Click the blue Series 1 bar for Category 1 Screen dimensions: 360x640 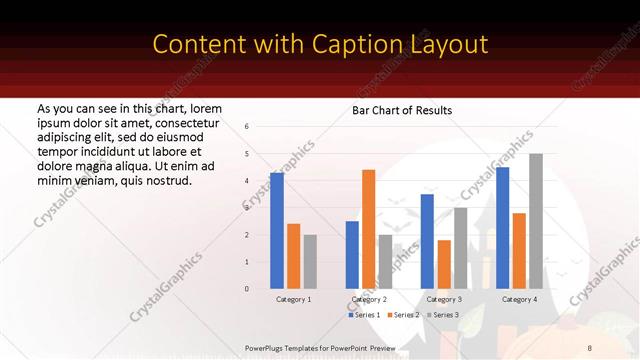(x=277, y=231)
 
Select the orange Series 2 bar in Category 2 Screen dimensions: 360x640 (x=368, y=229)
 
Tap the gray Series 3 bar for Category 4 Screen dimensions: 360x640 (x=536, y=221)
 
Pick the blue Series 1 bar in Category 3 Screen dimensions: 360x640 (x=427, y=241)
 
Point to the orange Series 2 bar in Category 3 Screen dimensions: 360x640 (x=444, y=264)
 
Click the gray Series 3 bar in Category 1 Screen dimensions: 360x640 (x=310, y=261)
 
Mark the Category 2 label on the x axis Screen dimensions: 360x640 (x=369, y=299)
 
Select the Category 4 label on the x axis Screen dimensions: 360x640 (x=519, y=299)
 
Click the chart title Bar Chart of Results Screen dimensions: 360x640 (x=402, y=110)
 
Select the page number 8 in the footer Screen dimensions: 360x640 (x=589, y=347)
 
